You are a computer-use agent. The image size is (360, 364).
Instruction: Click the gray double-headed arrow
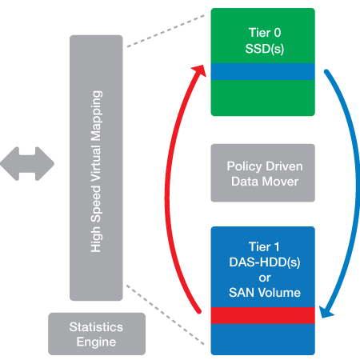(27, 164)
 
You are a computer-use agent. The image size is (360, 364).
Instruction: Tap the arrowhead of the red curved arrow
(200, 70)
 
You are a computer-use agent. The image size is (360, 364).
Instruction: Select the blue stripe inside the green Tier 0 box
(262, 71)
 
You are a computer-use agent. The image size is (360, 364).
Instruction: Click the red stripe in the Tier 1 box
(262, 315)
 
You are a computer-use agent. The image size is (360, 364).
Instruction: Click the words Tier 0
(265, 33)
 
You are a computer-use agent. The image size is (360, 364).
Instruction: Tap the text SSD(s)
(265, 49)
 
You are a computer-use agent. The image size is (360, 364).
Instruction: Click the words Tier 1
(264, 246)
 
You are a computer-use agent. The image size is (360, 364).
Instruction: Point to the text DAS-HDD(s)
(265, 262)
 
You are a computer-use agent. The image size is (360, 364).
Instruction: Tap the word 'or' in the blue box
(265, 278)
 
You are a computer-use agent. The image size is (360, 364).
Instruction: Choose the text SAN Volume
(265, 293)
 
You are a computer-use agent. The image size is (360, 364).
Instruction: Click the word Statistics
(96, 327)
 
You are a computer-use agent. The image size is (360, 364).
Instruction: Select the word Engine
(96, 342)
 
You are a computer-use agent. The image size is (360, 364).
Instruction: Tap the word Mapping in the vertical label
(96, 116)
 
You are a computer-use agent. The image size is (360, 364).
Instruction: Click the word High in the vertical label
(96, 239)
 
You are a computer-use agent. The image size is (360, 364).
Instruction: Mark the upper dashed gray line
(166, 31)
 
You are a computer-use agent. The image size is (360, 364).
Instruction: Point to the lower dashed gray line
(166, 314)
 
